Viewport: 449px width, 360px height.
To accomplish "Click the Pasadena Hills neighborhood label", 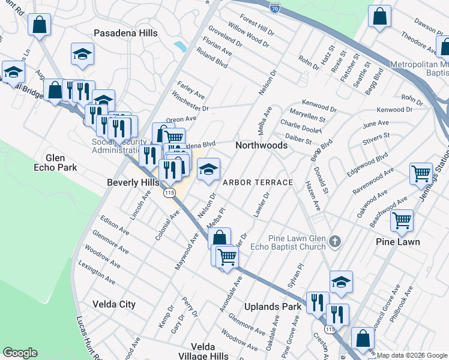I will pos(126,33).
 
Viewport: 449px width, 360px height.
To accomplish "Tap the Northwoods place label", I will pos(261,145).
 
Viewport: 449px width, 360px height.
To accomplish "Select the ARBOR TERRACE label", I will pos(258,182).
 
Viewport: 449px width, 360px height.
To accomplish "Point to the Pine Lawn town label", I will pos(397,242).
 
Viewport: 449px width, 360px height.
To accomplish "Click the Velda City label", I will pos(114,304).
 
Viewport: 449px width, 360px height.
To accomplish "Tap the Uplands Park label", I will pos(273,307).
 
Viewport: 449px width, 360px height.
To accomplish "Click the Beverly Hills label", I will pos(133,182).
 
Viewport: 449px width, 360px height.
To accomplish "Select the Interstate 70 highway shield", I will pos(274,8).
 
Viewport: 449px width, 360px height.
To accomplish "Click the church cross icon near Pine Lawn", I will pos(335,242).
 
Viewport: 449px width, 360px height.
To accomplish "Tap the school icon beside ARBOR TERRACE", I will pos(208,170).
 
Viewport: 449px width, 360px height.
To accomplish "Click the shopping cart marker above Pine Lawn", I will pos(401,220).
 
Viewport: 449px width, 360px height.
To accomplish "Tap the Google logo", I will pos(20,353).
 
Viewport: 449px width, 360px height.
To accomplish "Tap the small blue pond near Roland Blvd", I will pos(179,46).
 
